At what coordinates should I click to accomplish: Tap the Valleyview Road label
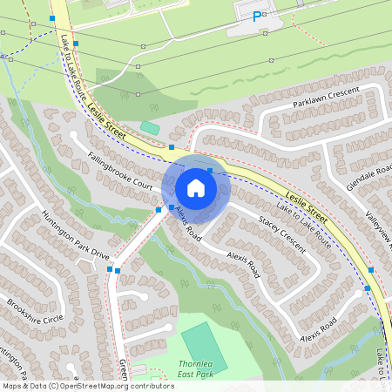tap(378, 226)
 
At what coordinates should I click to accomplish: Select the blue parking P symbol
tap(256, 16)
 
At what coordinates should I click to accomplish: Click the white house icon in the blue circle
tap(195, 187)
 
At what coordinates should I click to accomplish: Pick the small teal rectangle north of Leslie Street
tap(150, 127)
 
